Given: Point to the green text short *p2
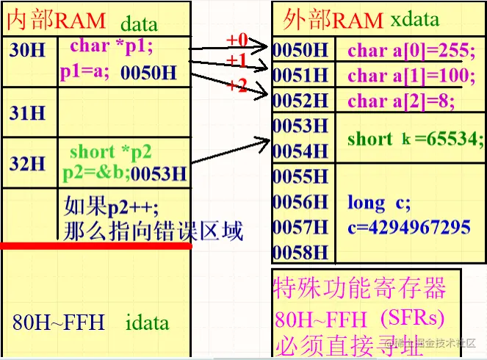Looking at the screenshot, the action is (x=110, y=152).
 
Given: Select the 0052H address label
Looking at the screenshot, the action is (x=300, y=100).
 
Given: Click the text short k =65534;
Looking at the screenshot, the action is (x=415, y=138).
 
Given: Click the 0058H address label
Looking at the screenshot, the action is (x=300, y=251).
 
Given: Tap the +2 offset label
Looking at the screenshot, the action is (x=237, y=85).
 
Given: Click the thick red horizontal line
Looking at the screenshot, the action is (x=95, y=245).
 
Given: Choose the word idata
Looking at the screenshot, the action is (x=147, y=322).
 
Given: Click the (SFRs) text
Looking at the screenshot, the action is (x=413, y=319).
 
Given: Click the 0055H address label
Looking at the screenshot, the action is (x=300, y=176).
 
